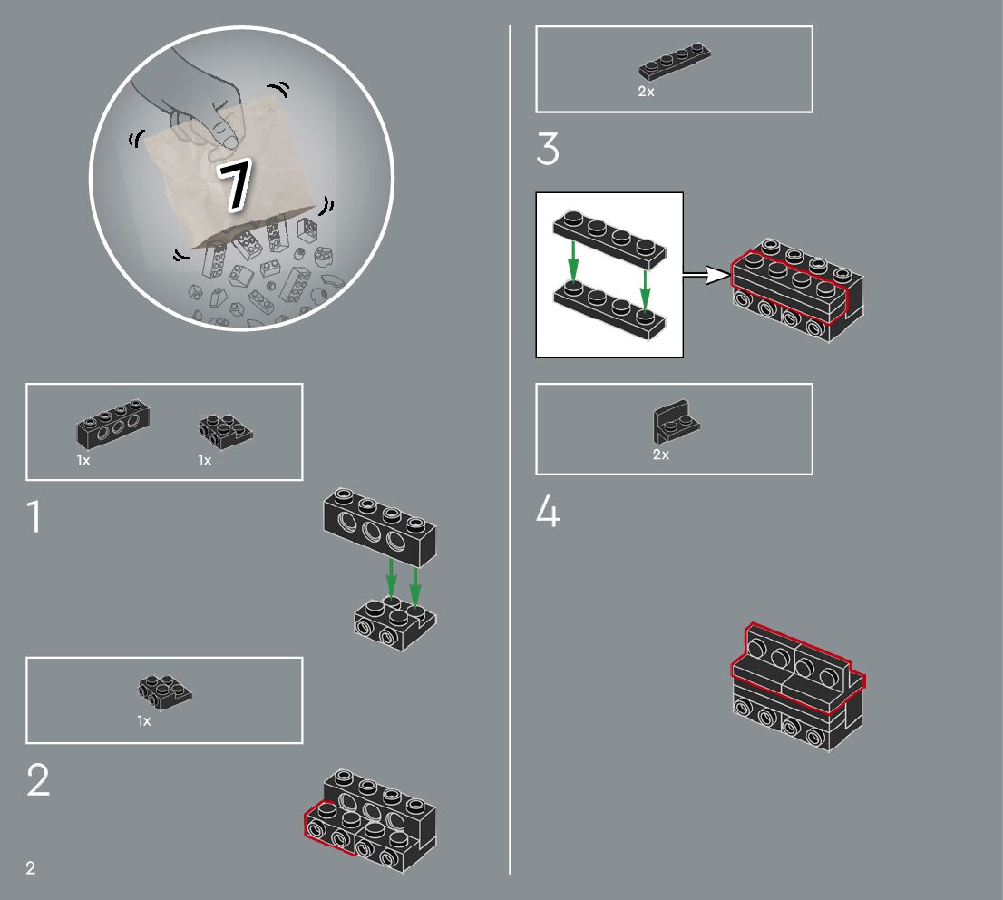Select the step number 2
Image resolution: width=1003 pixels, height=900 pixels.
[38, 779]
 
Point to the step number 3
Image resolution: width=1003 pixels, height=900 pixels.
[548, 149]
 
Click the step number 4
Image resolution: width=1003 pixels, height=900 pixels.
[548, 512]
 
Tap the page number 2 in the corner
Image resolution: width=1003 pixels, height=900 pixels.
[30, 868]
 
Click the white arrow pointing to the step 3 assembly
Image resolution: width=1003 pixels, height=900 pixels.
[706, 275]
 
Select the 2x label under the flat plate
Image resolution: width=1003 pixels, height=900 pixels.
[646, 92]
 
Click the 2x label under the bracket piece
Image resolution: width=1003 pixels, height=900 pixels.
[661, 455]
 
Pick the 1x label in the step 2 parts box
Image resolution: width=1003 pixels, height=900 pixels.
[144, 720]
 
